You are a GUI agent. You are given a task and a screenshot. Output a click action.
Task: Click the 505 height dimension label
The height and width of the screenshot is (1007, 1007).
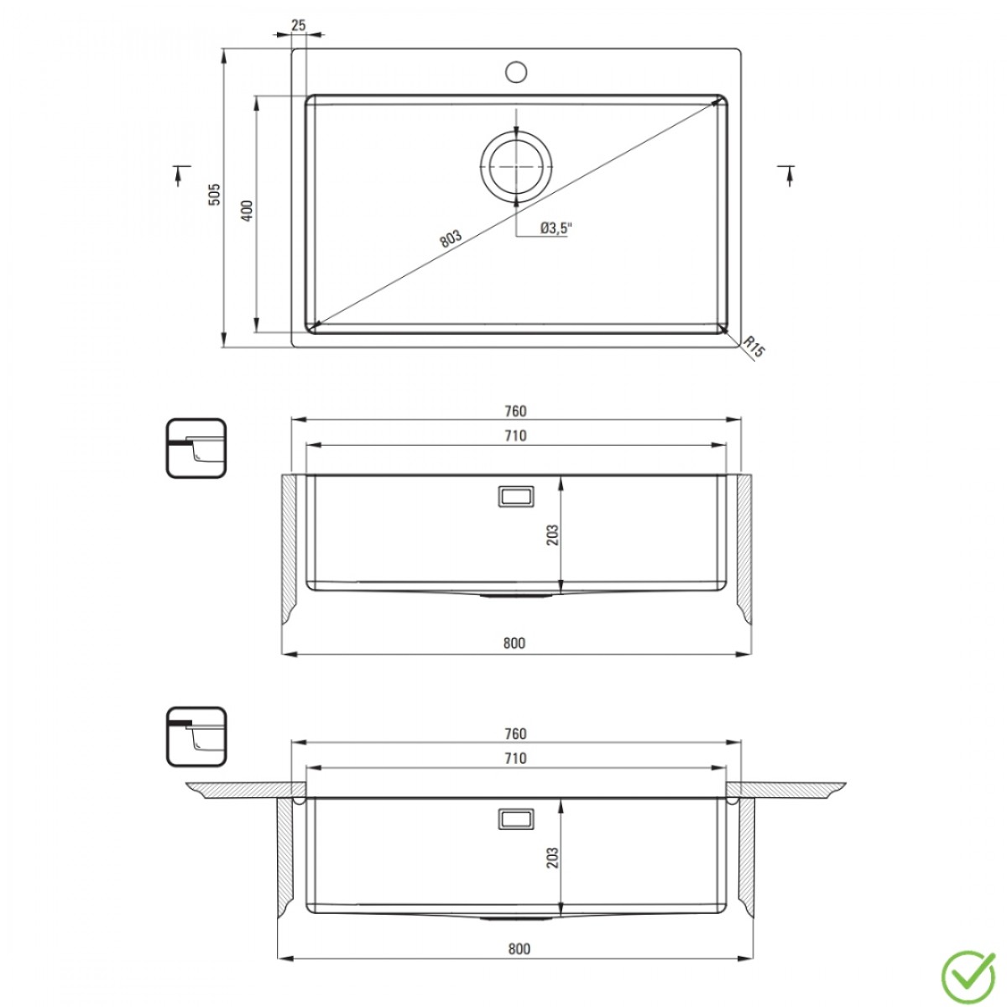(215, 196)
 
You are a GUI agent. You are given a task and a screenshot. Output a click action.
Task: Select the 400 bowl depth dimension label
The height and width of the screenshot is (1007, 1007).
(246, 211)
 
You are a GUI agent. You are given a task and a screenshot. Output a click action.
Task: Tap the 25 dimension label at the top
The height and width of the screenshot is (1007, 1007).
(298, 25)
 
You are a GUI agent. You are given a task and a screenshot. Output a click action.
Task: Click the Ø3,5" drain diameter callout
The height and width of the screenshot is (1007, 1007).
(554, 227)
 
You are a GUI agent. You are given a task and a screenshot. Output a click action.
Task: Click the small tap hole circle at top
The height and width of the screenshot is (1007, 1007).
(515, 70)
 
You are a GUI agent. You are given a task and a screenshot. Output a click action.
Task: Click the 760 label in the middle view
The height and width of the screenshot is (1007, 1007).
(515, 411)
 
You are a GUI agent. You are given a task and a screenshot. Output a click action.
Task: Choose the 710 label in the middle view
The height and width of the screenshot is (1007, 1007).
(515, 436)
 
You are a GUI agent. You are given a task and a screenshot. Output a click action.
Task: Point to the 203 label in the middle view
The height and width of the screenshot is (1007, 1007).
(551, 535)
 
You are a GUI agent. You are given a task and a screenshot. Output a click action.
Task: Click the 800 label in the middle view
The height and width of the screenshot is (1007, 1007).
(514, 644)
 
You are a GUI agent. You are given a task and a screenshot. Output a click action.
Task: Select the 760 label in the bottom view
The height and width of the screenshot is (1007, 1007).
(515, 734)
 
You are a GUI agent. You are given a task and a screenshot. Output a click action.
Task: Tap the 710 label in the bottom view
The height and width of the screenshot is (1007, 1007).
(515, 759)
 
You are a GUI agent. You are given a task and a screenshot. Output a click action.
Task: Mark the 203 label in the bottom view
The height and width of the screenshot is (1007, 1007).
(551, 857)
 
